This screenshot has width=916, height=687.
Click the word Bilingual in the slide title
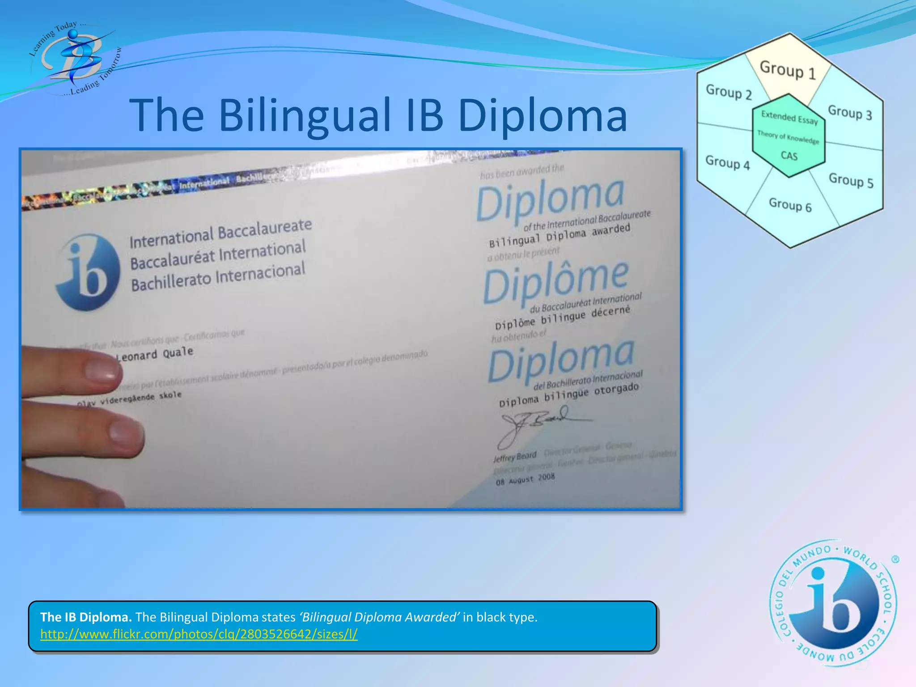pyautogui.click(x=304, y=116)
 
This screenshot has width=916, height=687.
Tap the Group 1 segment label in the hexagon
pyautogui.click(x=788, y=70)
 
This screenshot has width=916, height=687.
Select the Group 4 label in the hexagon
pyautogui.click(x=727, y=162)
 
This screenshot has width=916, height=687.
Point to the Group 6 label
pyautogui.click(x=790, y=205)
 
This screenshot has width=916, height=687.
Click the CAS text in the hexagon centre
pyautogui.click(x=789, y=156)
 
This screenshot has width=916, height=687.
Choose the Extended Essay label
pyautogui.click(x=789, y=118)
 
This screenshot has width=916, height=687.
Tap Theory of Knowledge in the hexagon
pyautogui.click(x=788, y=137)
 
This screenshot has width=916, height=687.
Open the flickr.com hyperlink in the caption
pyautogui.click(x=199, y=634)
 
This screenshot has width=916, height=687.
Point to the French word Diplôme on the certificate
pyautogui.click(x=556, y=281)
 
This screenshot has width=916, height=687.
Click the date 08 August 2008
pyautogui.click(x=525, y=479)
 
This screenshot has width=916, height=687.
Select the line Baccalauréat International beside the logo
pyautogui.click(x=218, y=255)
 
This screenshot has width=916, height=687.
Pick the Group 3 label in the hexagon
pyautogui.click(x=850, y=112)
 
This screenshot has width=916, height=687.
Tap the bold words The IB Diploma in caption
pyautogui.click(x=86, y=617)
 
